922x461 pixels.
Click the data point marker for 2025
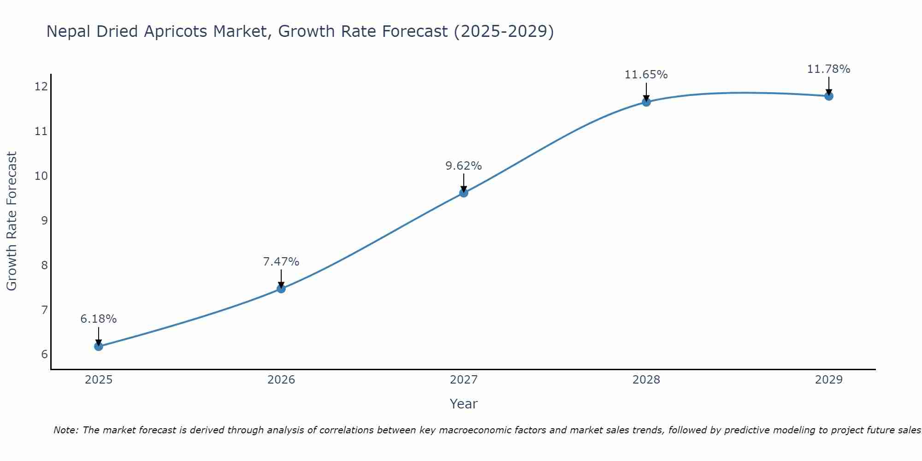(99, 346)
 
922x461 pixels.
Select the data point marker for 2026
(281, 289)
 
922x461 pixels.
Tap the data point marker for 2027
(464, 193)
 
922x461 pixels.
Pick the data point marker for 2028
(646, 102)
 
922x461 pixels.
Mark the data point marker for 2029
(829, 96)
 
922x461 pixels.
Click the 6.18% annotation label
(99, 319)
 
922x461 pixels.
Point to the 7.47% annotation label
(281, 262)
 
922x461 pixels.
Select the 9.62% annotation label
(464, 166)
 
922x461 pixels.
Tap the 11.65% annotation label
(646, 75)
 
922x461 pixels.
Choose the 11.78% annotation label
(829, 69)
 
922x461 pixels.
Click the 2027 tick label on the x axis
(464, 380)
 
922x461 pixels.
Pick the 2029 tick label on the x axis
(829, 380)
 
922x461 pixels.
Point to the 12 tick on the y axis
(41, 87)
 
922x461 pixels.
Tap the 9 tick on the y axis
(44, 220)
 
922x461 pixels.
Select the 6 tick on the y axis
(44, 355)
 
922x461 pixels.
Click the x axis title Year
(464, 404)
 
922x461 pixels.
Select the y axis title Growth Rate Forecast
(12, 221)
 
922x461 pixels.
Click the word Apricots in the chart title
(175, 31)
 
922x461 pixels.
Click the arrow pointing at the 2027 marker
(464, 183)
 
